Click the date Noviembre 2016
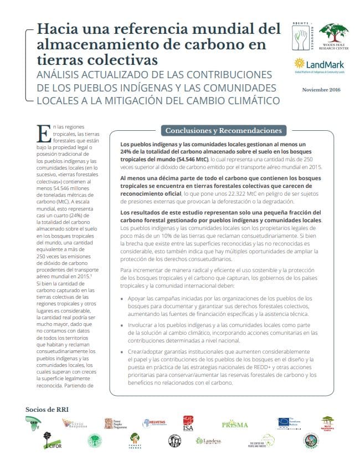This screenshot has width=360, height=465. pyautogui.click(x=321, y=90)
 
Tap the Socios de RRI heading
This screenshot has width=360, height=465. pyautogui.click(x=47, y=410)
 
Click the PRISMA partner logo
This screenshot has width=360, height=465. pyautogui.click(x=235, y=425)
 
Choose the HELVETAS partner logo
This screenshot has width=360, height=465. pyautogui.click(x=155, y=424)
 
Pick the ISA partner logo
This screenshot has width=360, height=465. pyautogui.click(x=189, y=423)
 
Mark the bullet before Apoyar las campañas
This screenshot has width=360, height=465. pyautogui.click(x=122, y=299)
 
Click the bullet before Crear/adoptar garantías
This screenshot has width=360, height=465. pyautogui.click(x=122, y=352)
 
